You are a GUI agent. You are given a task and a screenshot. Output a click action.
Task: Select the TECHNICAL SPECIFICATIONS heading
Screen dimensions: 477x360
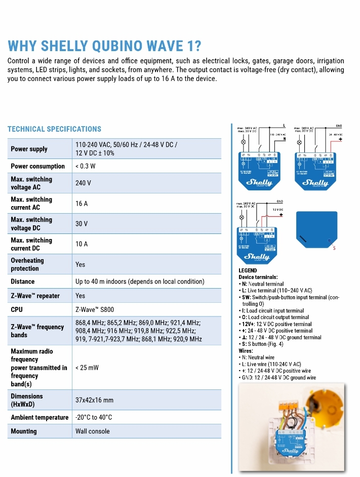[x=54, y=129]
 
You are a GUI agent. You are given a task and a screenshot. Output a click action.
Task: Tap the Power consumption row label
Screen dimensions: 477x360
[x=38, y=166]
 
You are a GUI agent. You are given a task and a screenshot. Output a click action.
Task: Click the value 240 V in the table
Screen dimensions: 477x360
[x=83, y=183]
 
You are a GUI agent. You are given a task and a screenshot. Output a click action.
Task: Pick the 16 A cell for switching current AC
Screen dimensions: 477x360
[x=82, y=204]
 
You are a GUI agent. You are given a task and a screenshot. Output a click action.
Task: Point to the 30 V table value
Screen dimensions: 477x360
[x=82, y=224]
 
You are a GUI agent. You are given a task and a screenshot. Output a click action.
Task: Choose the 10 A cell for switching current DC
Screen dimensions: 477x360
[x=82, y=244]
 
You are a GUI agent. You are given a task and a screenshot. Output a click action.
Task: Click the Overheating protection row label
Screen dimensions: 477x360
[x=27, y=264]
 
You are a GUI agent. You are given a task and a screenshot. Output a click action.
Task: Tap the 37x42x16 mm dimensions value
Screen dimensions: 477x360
[x=94, y=400]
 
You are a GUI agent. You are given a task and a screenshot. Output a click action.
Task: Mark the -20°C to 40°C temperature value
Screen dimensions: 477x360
[x=94, y=417]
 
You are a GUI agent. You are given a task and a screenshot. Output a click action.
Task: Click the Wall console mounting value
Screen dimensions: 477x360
[x=92, y=431]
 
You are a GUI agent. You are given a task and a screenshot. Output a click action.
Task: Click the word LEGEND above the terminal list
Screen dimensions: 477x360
[x=248, y=270]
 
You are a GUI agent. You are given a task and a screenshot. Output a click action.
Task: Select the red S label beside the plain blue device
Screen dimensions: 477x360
[x=334, y=248]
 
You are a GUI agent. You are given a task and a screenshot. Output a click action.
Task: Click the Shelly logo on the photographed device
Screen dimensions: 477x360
[x=290, y=449]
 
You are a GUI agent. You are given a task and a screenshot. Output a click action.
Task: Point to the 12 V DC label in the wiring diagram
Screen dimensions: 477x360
[x=277, y=209]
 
